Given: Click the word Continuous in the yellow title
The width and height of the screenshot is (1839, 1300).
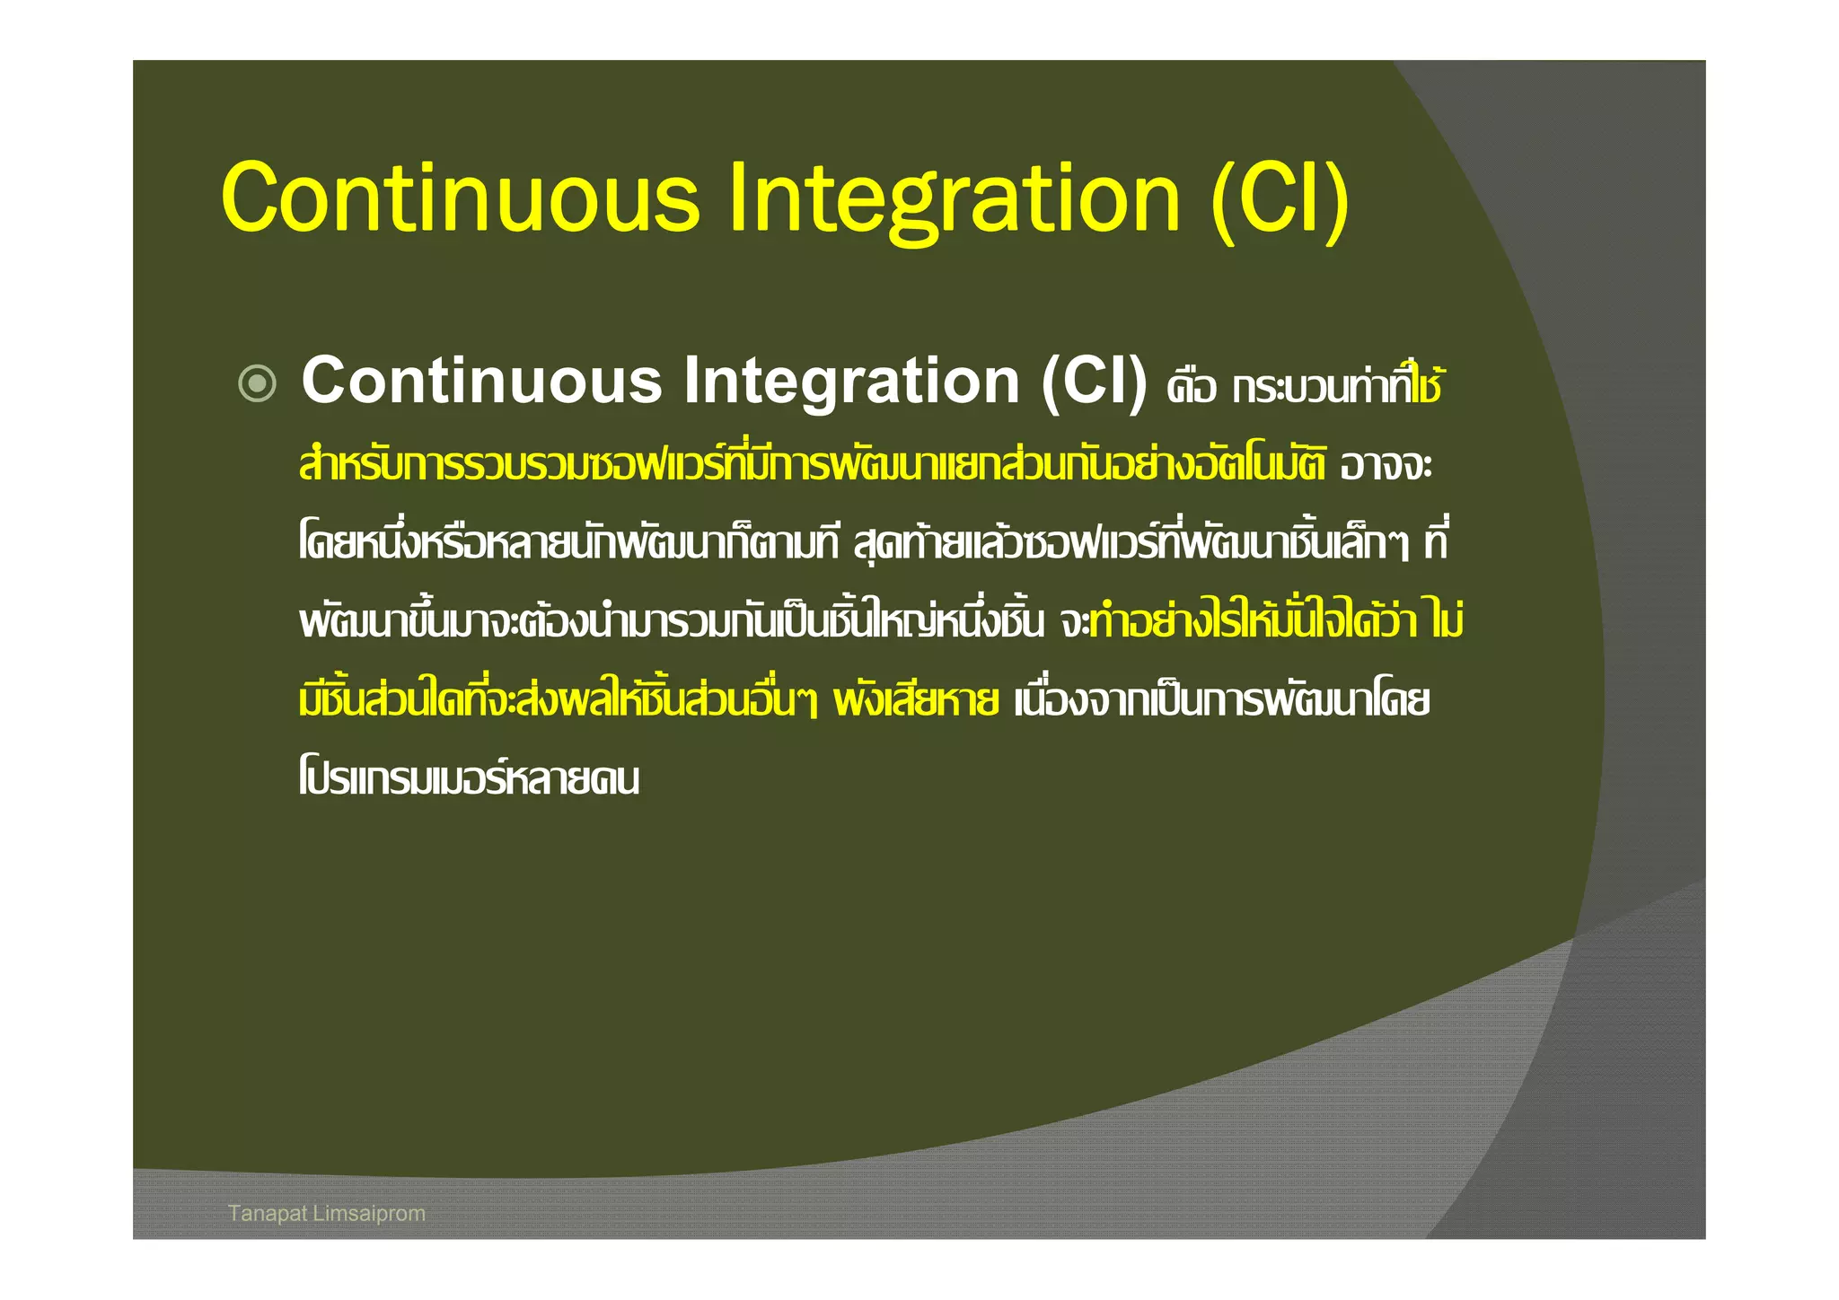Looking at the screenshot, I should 460,198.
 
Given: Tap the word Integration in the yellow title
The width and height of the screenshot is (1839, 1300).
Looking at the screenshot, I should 954,199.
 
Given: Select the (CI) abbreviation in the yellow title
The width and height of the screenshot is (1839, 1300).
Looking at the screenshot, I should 1280,199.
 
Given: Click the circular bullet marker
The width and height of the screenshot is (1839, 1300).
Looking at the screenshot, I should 258,384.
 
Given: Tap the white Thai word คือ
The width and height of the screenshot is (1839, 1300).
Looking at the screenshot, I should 1191,389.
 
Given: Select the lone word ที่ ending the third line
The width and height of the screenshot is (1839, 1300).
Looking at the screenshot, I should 1435,541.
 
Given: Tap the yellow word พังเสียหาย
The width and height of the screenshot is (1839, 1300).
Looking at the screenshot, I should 916,700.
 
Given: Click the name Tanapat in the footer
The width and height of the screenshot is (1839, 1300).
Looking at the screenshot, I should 268,1214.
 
